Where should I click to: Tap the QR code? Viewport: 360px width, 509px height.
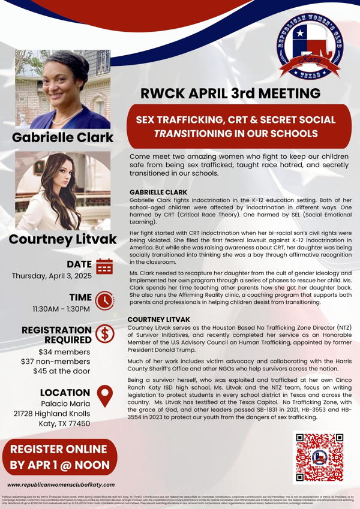click(319, 457)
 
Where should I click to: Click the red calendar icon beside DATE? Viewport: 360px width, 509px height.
click(104, 266)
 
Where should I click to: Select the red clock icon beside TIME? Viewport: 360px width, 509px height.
click(104, 299)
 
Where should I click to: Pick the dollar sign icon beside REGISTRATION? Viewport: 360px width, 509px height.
click(104, 333)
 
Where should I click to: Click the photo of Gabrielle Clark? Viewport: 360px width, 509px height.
click(63, 90)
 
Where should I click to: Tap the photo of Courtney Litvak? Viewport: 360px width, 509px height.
click(63, 191)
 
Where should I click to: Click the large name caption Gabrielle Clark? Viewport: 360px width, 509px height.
click(63, 137)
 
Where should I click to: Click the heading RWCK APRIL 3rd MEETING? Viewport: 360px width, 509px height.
click(230, 94)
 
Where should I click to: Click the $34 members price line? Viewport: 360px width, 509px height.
click(64, 352)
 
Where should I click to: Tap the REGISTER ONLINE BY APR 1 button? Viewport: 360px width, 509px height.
click(59, 457)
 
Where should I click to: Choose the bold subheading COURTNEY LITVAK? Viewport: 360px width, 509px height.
click(159, 320)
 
